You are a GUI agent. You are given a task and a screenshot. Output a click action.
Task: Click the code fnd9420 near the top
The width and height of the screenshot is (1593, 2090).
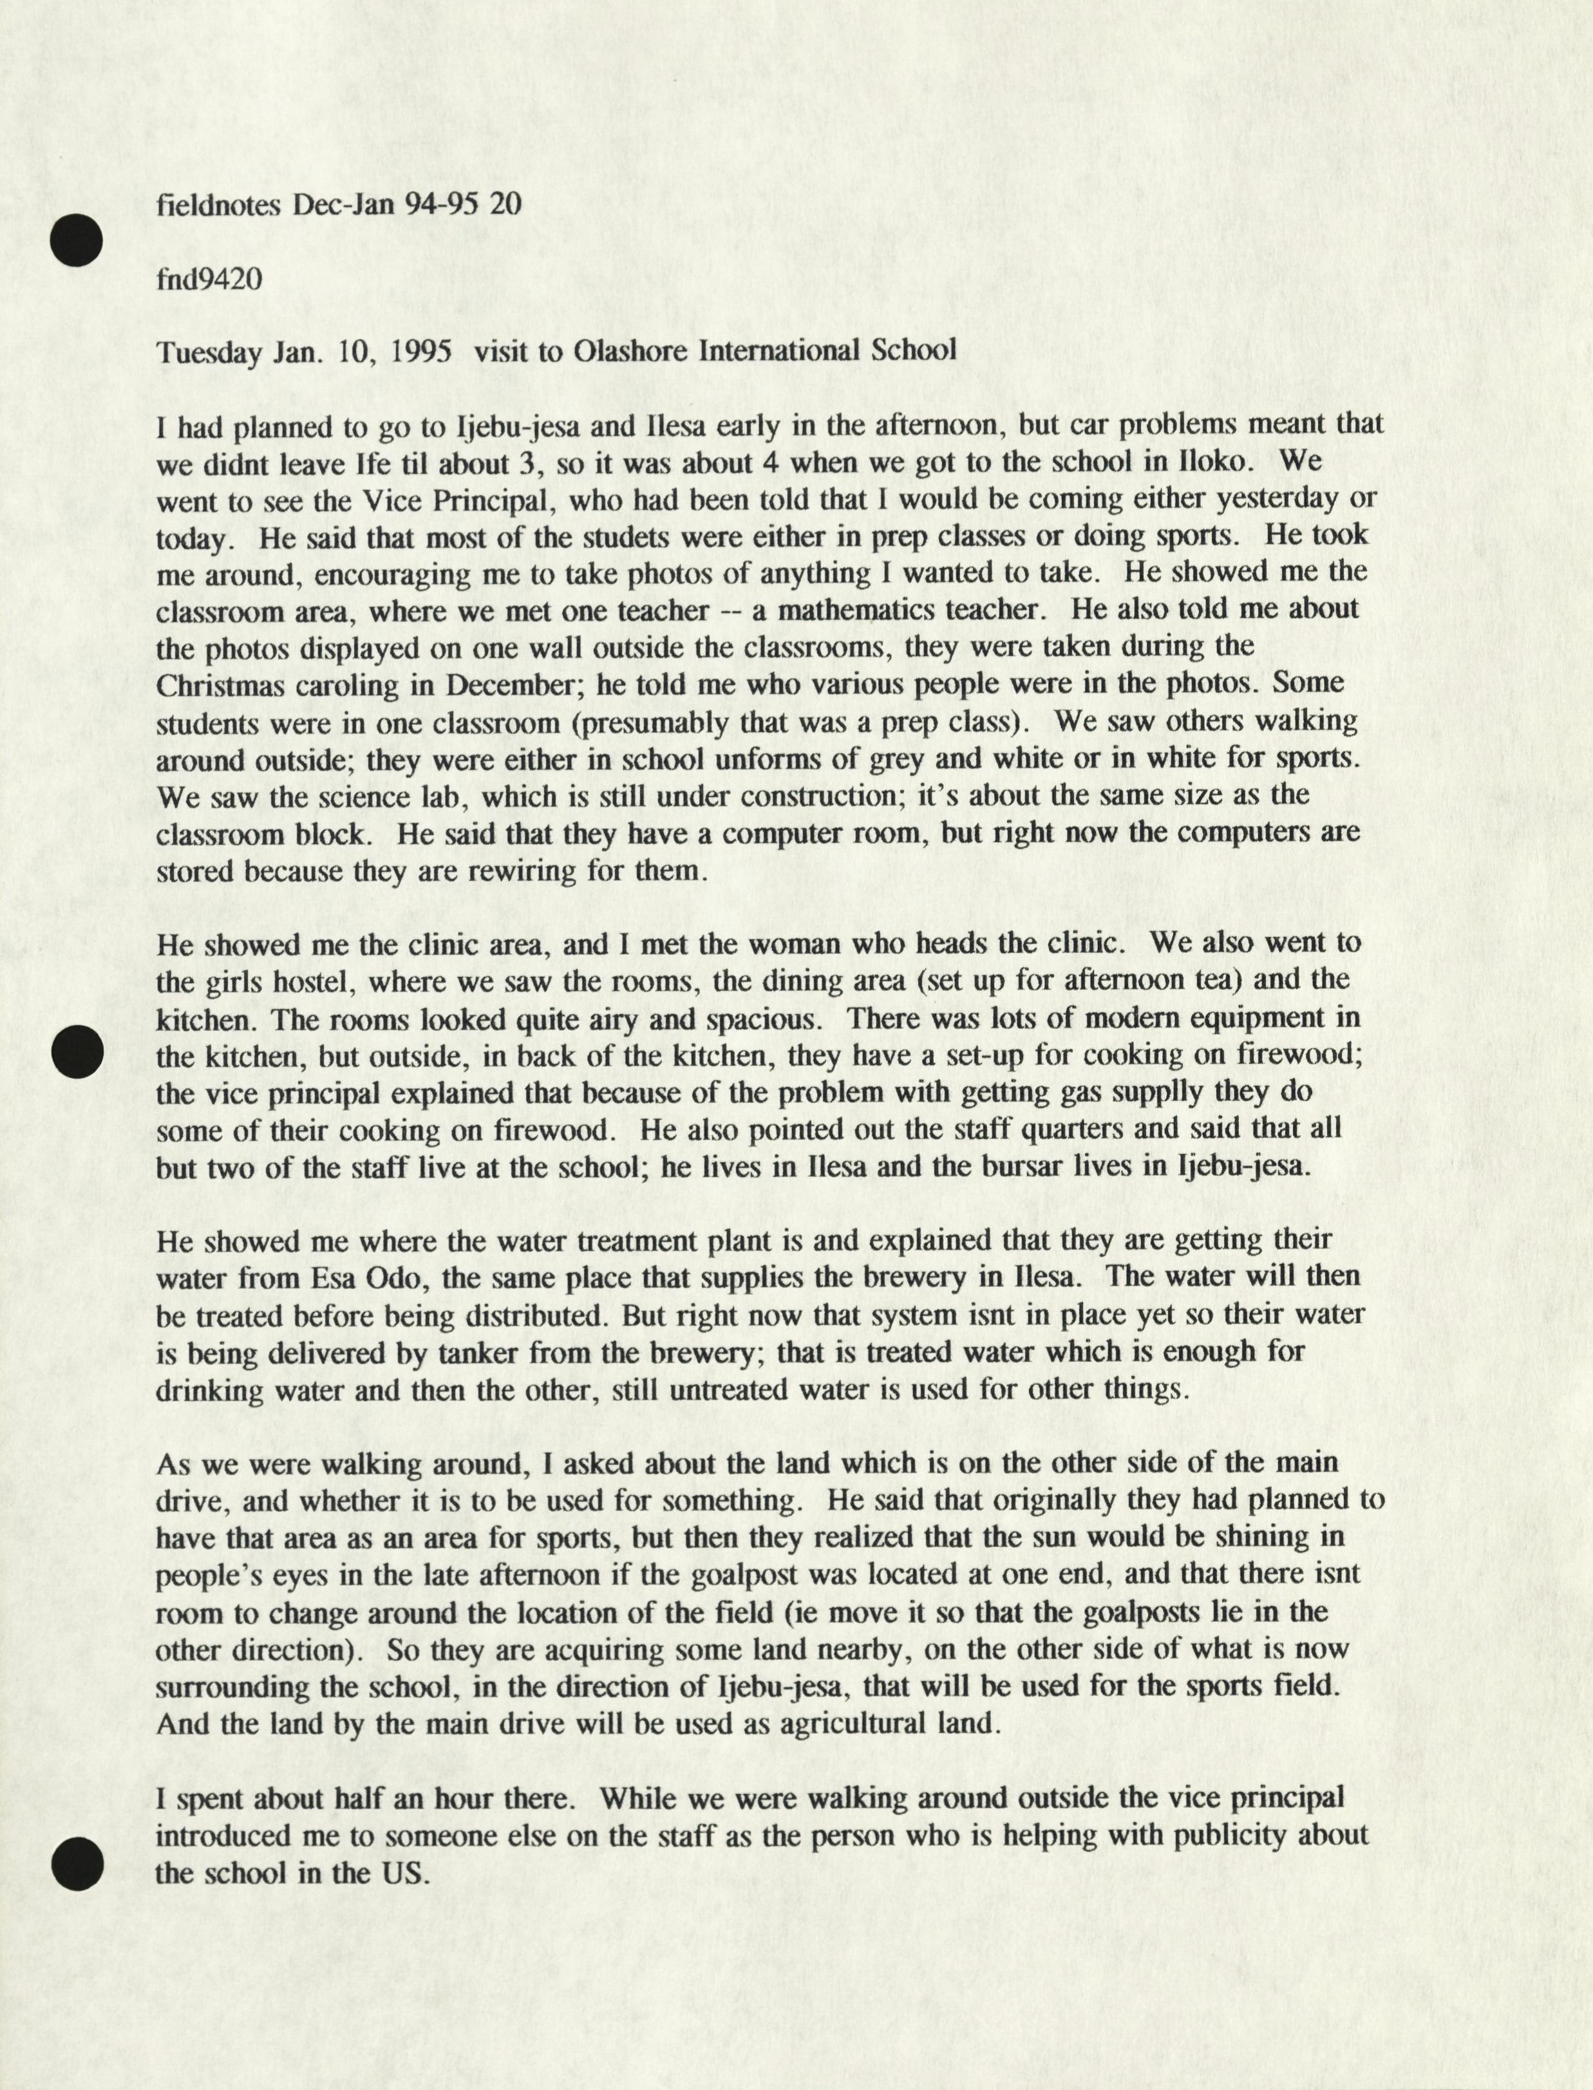209,279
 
